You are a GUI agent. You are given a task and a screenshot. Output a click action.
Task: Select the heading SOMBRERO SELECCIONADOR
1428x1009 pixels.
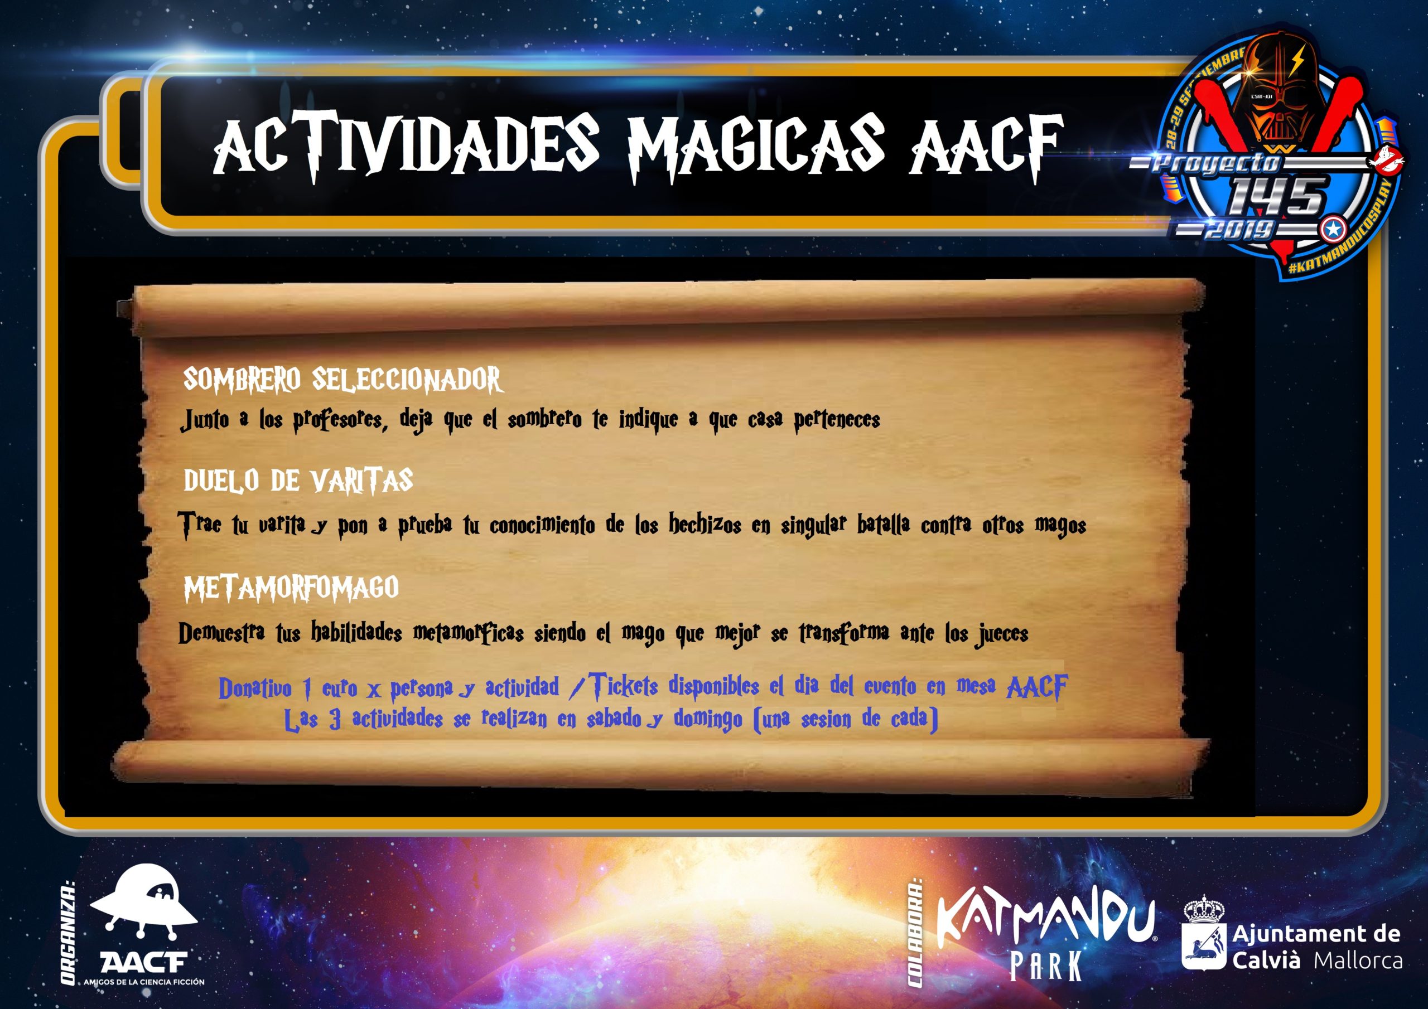click(x=342, y=379)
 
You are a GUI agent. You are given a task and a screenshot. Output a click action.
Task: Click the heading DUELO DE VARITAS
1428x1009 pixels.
click(x=298, y=480)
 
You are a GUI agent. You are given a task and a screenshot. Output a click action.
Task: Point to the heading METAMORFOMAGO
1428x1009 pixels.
click(x=291, y=588)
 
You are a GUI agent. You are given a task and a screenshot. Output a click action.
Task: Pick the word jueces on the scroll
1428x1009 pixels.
click(x=1001, y=634)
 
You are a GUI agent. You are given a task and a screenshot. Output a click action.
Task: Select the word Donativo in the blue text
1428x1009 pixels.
click(x=255, y=688)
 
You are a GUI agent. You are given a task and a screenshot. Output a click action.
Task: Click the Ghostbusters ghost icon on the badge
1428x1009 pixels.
click(x=1385, y=158)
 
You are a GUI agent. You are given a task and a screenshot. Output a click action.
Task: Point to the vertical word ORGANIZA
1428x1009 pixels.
click(x=69, y=932)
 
